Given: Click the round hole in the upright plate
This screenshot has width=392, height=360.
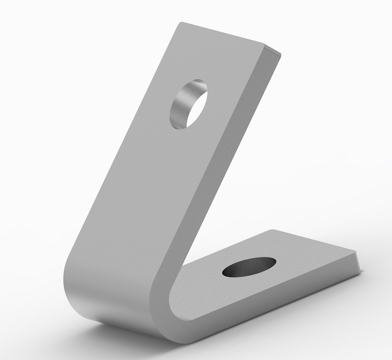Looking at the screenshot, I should tap(188, 104).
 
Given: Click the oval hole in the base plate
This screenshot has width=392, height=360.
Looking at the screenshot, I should tap(249, 267).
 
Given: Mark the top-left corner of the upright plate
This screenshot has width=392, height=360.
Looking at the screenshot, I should tap(181, 23).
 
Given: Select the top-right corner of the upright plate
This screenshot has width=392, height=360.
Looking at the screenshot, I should tap(281, 54).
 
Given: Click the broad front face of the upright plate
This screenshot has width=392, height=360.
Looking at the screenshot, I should tap(153, 172).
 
